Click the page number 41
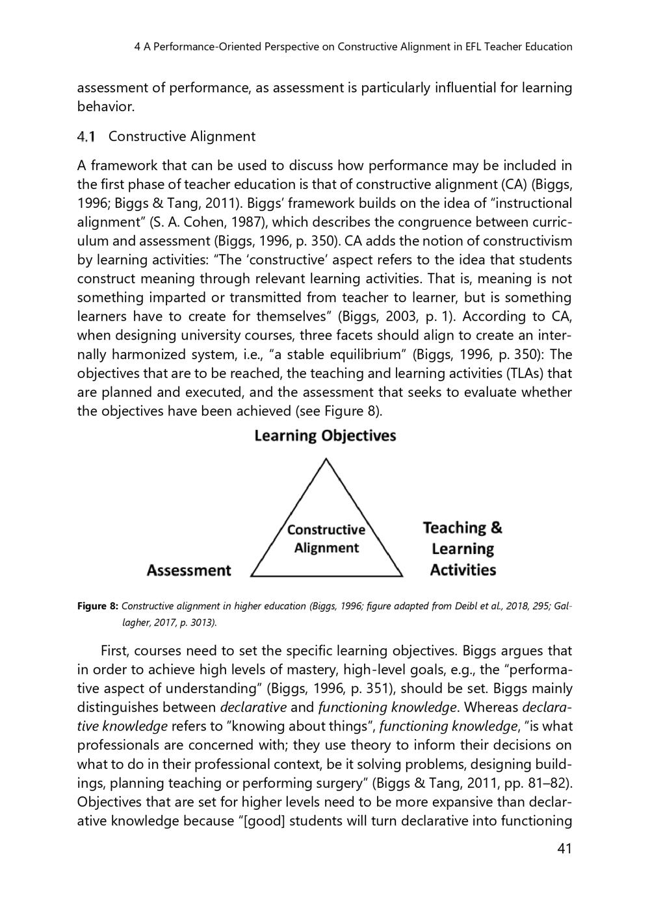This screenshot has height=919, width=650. [x=564, y=848]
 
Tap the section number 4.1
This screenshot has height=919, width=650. [x=86, y=136]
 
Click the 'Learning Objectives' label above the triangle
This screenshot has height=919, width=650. [x=325, y=435]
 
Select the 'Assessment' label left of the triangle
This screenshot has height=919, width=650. [x=188, y=570]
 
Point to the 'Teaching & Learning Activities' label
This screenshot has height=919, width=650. [x=463, y=549]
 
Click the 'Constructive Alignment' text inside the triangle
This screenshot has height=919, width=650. [x=326, y=539]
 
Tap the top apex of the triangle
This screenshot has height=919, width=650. [x=326, y=460]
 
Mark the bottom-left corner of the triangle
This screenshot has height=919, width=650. [x=252, y=576]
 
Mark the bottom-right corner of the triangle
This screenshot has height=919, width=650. [x=402, y=576]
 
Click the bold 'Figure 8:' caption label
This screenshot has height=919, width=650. [x=97, y=606]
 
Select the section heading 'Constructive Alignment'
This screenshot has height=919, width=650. [x=182, y=136]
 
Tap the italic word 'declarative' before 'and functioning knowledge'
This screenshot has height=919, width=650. [x=253, y=707]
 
